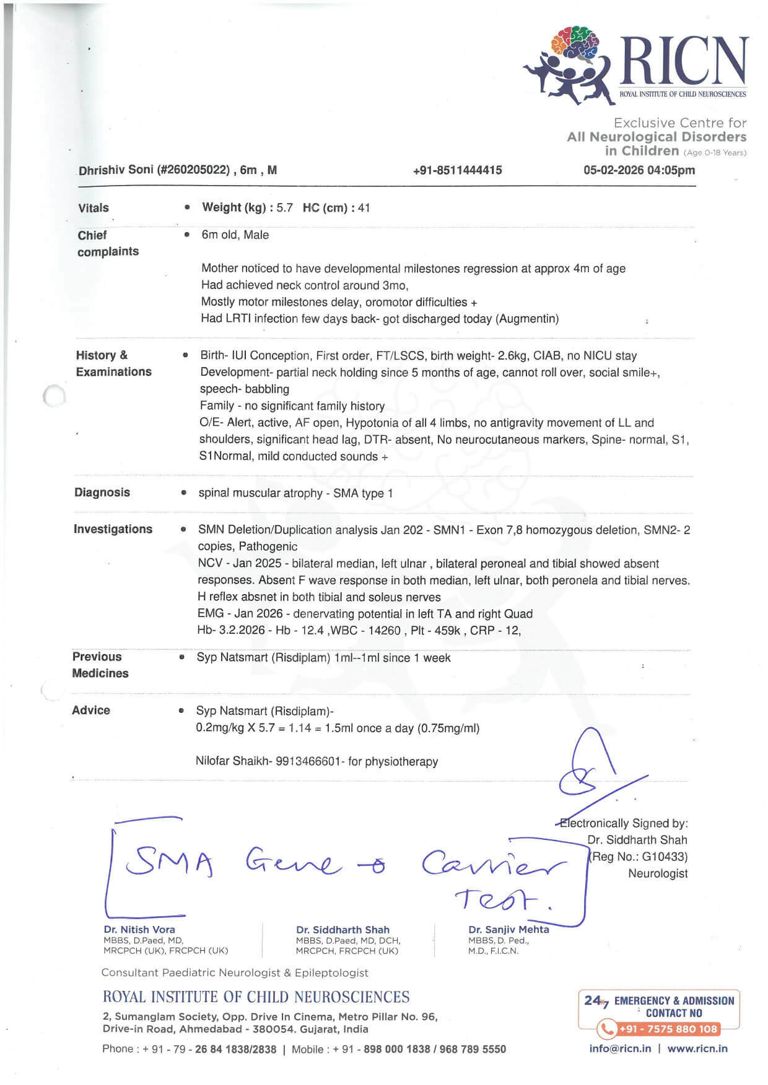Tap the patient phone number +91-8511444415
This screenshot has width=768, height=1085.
tap(457, 170)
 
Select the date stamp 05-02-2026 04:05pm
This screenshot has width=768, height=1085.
tap(639, 170)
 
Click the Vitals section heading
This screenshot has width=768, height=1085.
tap(94, 208)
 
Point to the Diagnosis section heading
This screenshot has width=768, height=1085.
tap(102, 493)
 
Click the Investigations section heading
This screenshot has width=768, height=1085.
tap(113, 529)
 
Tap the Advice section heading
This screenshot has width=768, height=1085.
tap(91, 711)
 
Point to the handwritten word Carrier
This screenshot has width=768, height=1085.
tap(493, 862)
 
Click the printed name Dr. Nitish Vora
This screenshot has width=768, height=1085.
tap(139, 929)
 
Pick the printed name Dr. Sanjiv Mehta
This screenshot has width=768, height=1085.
tap(508, 929)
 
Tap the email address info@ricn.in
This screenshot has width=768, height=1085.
tap(620, 1048)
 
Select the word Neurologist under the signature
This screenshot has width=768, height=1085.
tap(658, 873)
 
